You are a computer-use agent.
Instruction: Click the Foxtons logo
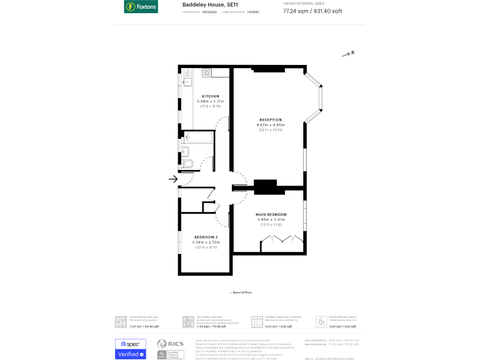pos(141,7)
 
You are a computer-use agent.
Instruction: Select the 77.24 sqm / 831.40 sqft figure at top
pos(312,11)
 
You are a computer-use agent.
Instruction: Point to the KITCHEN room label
pos(210,96)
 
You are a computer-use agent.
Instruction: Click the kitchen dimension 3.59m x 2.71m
pos(210,101)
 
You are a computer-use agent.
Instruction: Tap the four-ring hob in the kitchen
pos(206,72)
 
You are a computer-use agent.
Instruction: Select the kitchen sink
pos(186,78)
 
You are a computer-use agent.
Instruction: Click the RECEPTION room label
pos(271,119)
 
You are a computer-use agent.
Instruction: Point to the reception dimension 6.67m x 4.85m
pos(271,125)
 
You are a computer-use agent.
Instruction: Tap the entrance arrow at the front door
pos(173,180)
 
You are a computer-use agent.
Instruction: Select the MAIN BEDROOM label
pos(271,214)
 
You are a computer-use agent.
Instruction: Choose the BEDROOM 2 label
pos(206,237)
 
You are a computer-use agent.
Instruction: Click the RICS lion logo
pos(162,344)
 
